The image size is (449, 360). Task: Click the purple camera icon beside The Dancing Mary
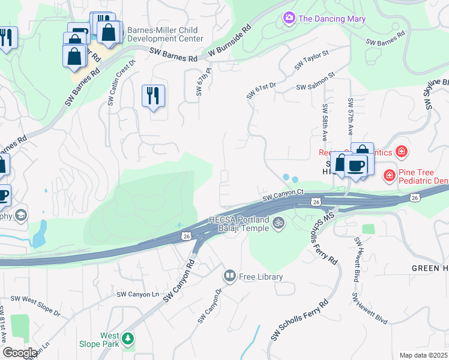pos(289,19)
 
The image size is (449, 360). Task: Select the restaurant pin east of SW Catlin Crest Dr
pos(153,95)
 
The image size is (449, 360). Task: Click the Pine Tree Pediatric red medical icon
pos(389,175)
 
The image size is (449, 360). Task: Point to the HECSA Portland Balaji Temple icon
pos(277,224)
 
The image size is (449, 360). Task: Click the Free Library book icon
pos(229,276)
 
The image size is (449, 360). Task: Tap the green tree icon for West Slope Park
pos(127,340)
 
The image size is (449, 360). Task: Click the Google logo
pos(20,353)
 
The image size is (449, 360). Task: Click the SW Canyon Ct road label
pos(284,197)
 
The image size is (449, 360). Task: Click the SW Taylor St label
pos(312,60)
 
